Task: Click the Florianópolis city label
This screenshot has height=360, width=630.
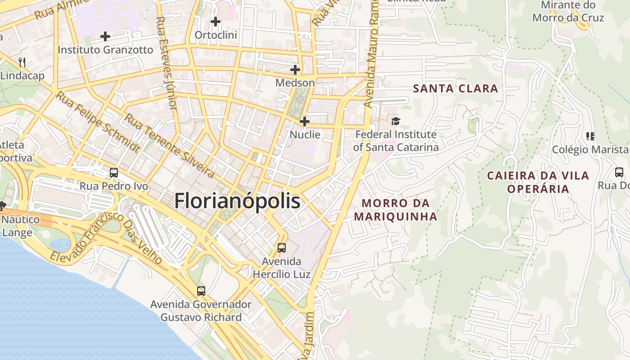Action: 237,201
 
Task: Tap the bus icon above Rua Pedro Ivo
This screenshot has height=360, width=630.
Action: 114,172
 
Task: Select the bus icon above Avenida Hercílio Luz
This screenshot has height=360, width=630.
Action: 282,247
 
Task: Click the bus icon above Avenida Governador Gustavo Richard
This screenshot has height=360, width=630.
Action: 201,291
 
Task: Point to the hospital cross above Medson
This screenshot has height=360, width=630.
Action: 295,70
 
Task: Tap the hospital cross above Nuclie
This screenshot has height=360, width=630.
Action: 305,121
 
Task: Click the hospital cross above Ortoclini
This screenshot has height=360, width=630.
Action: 216,21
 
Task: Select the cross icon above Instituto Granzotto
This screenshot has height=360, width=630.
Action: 105,36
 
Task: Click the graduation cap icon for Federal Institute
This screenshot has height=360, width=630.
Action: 396,121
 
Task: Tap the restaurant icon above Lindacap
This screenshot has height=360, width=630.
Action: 22,62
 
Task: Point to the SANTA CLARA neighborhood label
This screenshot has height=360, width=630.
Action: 455,88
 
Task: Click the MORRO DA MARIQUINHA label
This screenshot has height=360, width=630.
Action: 396,210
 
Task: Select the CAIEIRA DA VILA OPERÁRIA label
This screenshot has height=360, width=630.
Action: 538,182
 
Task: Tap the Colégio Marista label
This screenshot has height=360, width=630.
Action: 589,149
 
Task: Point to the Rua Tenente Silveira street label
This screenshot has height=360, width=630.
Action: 169,145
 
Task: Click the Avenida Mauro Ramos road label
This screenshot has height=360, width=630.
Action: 371,54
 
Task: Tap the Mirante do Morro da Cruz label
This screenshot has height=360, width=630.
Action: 568,11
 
